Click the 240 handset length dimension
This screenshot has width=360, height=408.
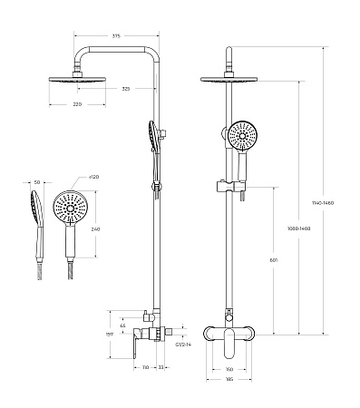(95, 230)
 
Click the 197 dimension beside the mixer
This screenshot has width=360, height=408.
(111, 335)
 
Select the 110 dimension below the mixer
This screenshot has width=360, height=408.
(146, 367)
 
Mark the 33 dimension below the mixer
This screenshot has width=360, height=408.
(161, 367)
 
